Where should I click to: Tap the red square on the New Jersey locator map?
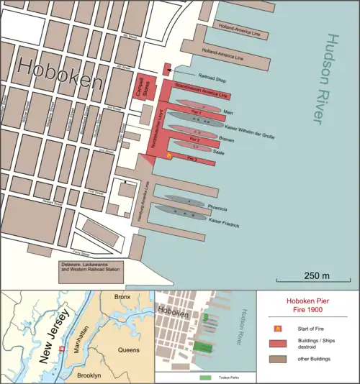[x=62, y=349]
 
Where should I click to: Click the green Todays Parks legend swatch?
[x=205, y=376]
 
